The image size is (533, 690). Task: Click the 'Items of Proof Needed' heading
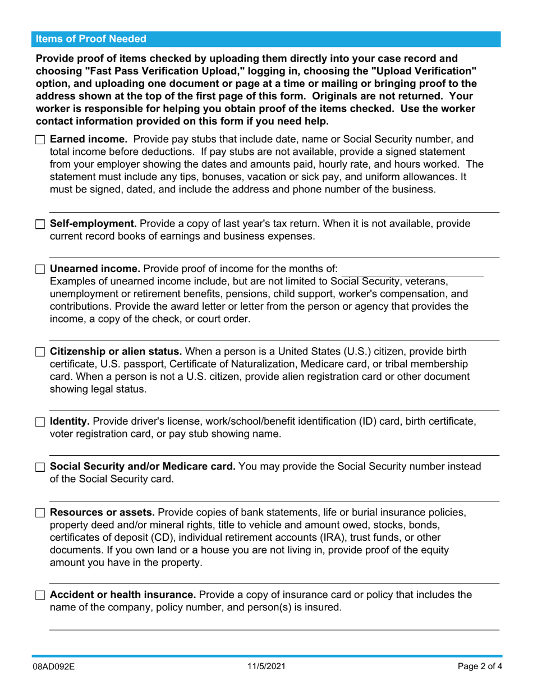(x=91, y=39)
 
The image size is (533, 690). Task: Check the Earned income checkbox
(x=40, y=140)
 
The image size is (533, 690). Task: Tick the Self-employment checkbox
(x=40, y=224)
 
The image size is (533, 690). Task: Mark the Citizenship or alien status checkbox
(x=40, y=352)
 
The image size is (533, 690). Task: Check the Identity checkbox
(x=40, y=422)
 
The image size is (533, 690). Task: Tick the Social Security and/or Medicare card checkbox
(x=40, y=467)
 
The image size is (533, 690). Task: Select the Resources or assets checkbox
(x=40, y=513)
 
